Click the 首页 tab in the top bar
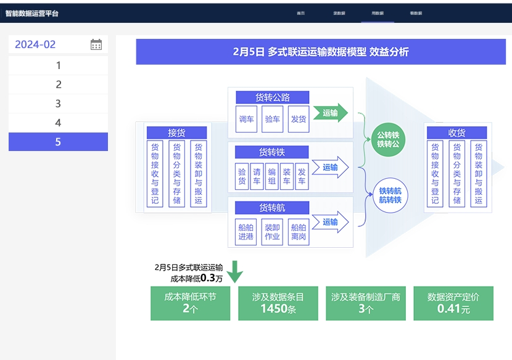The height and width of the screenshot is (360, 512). [x=300, y=12]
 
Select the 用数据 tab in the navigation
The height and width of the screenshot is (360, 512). [x=378, y=12]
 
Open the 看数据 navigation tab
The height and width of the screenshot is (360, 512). [x=416, y=12]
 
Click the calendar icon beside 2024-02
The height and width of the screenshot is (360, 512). [x=96, y=44]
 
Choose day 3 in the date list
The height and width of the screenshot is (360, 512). [x=58, y=104]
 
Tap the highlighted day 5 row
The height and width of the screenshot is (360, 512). [x=58, y=142]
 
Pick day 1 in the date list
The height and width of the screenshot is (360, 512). [x=58, y=65]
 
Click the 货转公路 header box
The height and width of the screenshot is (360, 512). [x=272, y=97]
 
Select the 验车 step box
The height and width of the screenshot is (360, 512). [x=272, y=119]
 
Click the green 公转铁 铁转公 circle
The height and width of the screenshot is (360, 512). [x=389, y=139]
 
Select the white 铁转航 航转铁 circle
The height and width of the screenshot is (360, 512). [x=389, y=195]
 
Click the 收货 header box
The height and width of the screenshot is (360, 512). [x=456, y=133]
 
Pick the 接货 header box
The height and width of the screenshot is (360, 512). [x=176, y=133]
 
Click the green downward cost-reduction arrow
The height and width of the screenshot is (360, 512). [x=234, y=271]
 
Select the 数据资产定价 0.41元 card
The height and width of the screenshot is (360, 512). [x=453, y=303]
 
